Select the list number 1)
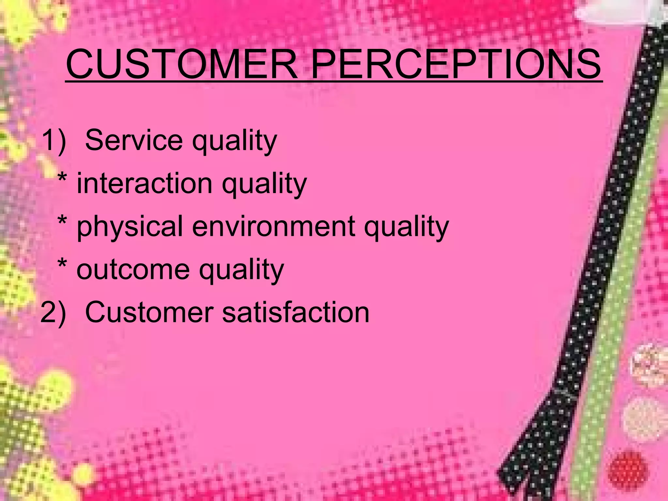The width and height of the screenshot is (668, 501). [x=54, y=140]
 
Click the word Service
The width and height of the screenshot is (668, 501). [x=134, y=140]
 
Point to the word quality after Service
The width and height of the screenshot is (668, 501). [x=234, y=142]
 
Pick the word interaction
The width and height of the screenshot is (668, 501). [x=144, y=183]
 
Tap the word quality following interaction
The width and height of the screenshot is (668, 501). [x=264, y=185]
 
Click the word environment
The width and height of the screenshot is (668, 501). [x=273, y=226]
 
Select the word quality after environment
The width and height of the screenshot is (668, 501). [x=406, y=228]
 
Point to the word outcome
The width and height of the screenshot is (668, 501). [x=133, y=270]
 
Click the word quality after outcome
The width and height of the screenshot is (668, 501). [x=241, y=271]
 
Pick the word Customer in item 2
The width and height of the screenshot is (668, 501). [x=149, y=312]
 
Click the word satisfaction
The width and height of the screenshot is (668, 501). [x=296, y=312]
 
